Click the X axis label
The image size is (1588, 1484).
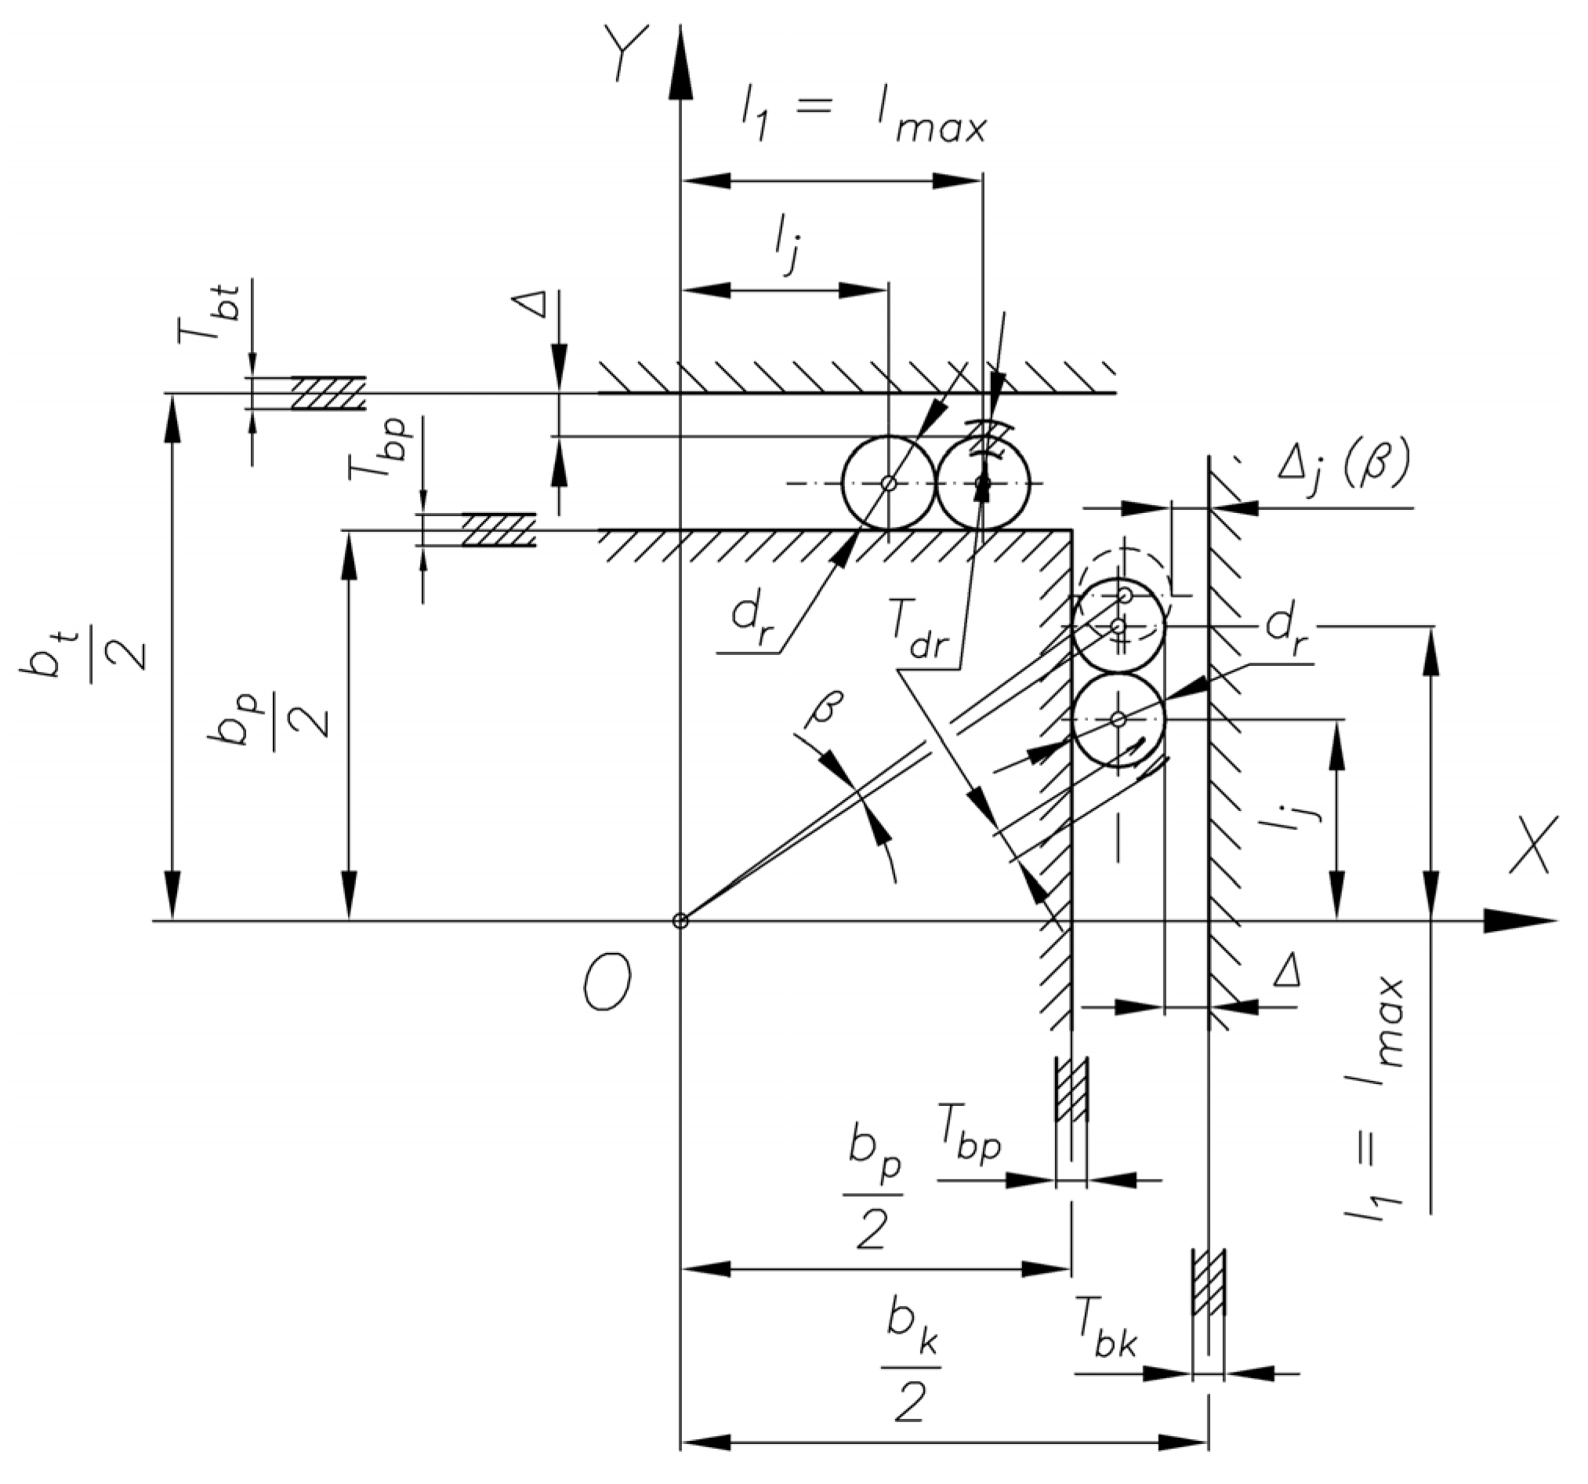pyautogui.click(x=1532, y=846)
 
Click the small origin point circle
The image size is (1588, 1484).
pyautogui.click(x=680, y=921)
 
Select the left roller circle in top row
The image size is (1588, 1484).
pyautogui.click(x=888, y=482)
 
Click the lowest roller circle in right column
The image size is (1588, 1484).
pyautogui.click(x=1118, y=719)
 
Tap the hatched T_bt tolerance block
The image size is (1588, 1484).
pyautogui.click(x=328, y=393)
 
